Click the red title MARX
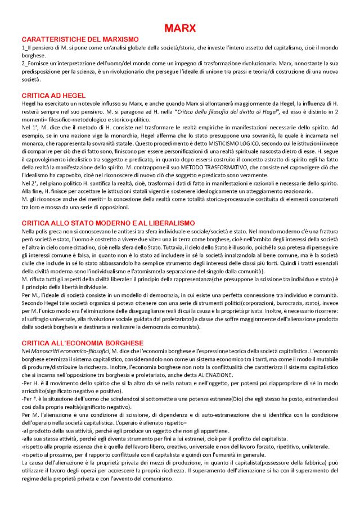(x=179, y=27)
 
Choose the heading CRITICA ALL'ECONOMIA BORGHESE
(x=82, y=343)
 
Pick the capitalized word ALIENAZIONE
(x=260, y=374)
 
